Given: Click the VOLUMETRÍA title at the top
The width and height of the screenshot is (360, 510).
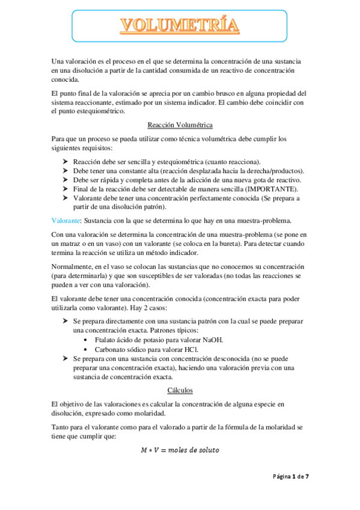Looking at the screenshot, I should click(x=180, y=26).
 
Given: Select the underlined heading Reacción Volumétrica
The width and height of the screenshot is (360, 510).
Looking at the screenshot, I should click(x=180, y=125).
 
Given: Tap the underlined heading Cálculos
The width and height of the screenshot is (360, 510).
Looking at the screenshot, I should click(x=180, y=390).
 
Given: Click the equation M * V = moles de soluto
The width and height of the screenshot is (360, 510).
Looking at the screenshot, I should click(x=180, y=450).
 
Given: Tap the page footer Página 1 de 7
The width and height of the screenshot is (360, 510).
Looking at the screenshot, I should click(x=290, y=476).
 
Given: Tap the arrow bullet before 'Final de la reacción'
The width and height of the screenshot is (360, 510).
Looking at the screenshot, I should click(x=65, y=189).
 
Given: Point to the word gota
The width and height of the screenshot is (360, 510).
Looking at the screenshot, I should click(x=251, y=180).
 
